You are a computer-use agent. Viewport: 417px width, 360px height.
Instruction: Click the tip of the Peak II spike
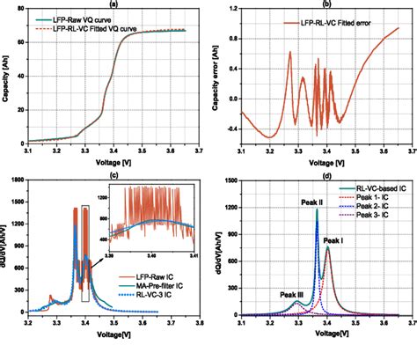click(x=317, y=209)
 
